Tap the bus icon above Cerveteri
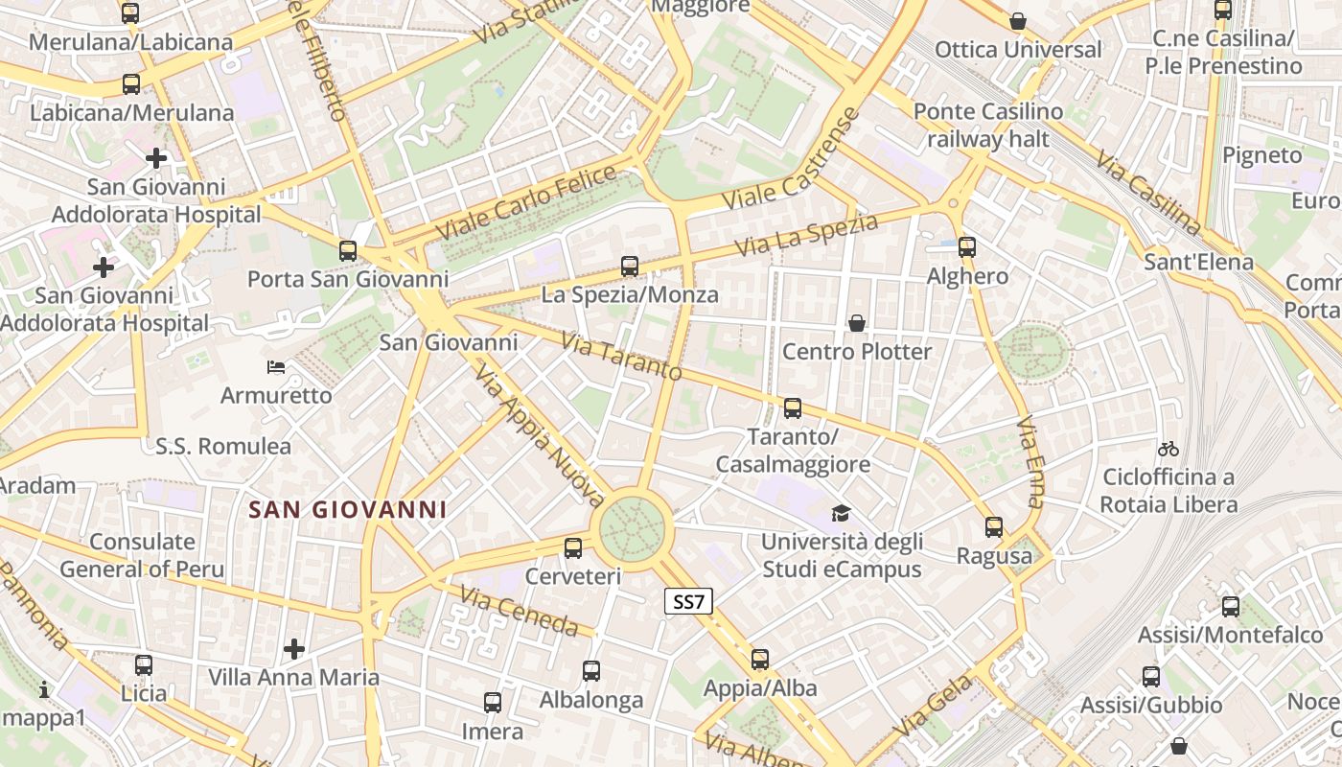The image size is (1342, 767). coord(573,548)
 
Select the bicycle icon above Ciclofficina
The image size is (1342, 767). coord(1168,448)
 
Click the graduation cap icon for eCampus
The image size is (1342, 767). coord(841,513)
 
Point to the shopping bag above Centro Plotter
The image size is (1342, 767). coord(856,324)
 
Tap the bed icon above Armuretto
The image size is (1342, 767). coord(276,366)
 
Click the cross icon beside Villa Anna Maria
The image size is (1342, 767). coord(294,649)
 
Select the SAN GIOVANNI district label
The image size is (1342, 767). coord(348,509)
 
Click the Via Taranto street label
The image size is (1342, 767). coord(621,356)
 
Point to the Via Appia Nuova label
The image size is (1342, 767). coord(540,437)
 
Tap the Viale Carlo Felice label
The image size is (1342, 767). coord(526,203)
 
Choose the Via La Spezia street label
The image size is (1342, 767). coord(806,235)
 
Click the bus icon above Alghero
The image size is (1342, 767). coord(966,247)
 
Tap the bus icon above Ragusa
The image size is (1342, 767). coord(994,527)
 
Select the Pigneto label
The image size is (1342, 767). coord(1261,155)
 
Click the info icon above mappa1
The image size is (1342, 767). coord(43,689)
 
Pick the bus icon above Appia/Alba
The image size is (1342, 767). coord(760,660)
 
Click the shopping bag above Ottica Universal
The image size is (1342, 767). coord(1018,21)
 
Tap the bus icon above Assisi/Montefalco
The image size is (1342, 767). coord(1231,607)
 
